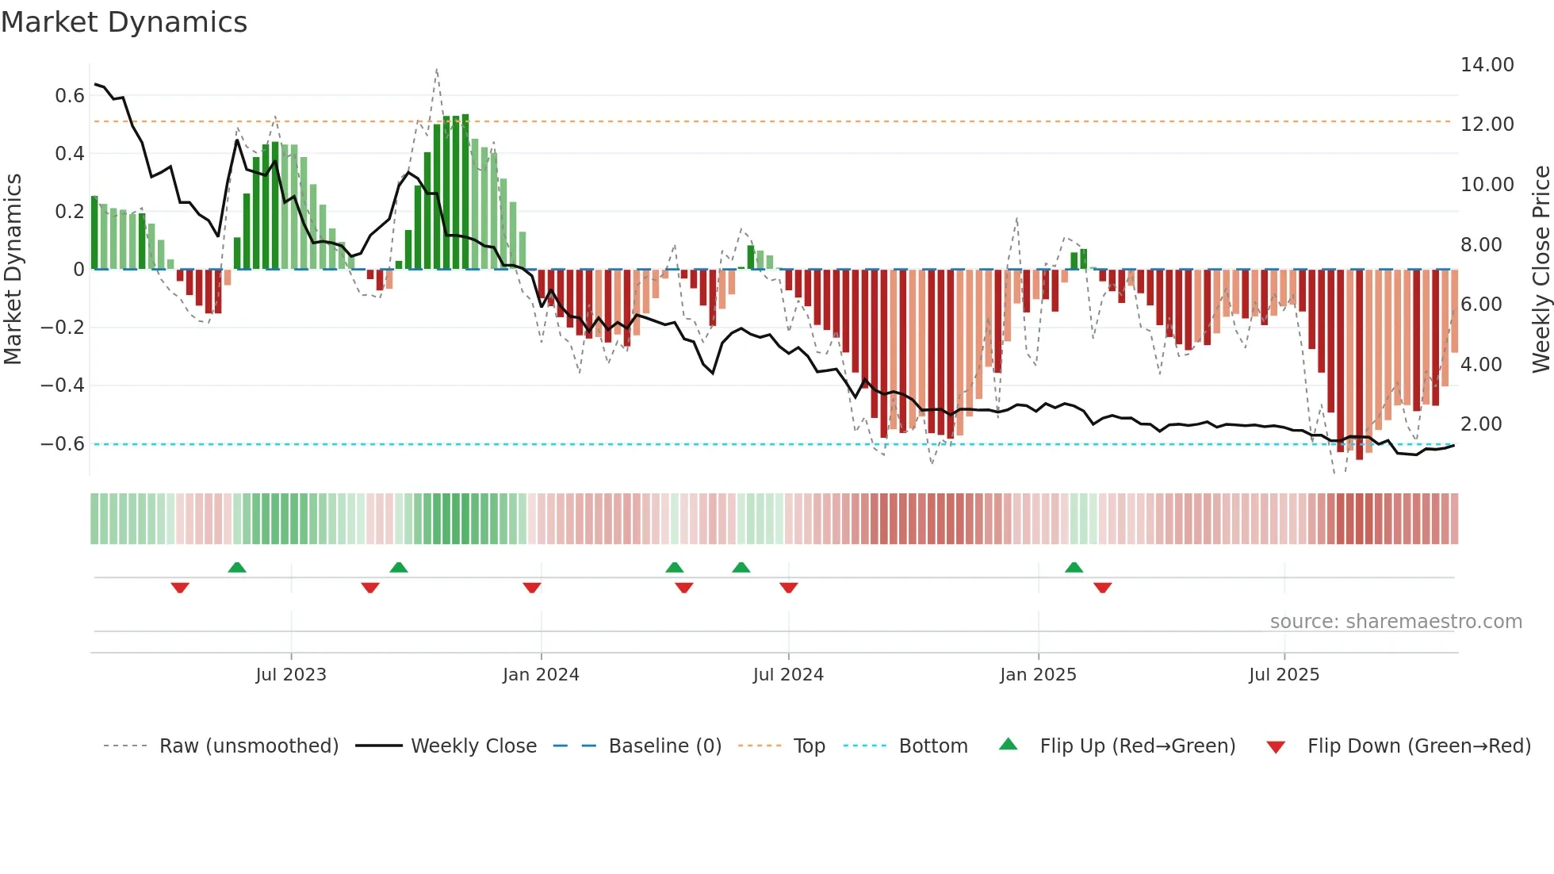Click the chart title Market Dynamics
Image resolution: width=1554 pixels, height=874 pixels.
click(x=124, y=22)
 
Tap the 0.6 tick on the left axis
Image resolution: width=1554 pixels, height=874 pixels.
click(x=70, y=96)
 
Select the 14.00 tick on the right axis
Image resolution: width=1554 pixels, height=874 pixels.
click(x=1487, y=65)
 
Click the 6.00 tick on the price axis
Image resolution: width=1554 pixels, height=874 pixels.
click(x=1480, y=305)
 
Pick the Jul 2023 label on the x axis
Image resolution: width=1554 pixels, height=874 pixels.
click(x=291, y=675)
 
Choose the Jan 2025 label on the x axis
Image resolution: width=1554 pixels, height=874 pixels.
click(x=1038, y=675)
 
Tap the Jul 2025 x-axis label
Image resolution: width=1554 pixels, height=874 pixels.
click(x=1284, y=675)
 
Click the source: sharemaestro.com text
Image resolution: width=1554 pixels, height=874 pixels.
click(x=1395, y=622)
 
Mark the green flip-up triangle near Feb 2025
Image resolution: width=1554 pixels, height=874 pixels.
click(x=1074, y=568)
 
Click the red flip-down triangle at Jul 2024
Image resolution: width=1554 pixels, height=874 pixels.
click(x=788, y=588)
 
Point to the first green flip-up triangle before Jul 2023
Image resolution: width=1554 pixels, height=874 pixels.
click(x=237, y=568)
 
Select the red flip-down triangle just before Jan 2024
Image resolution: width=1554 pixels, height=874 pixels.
click(x=532, y=588)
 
